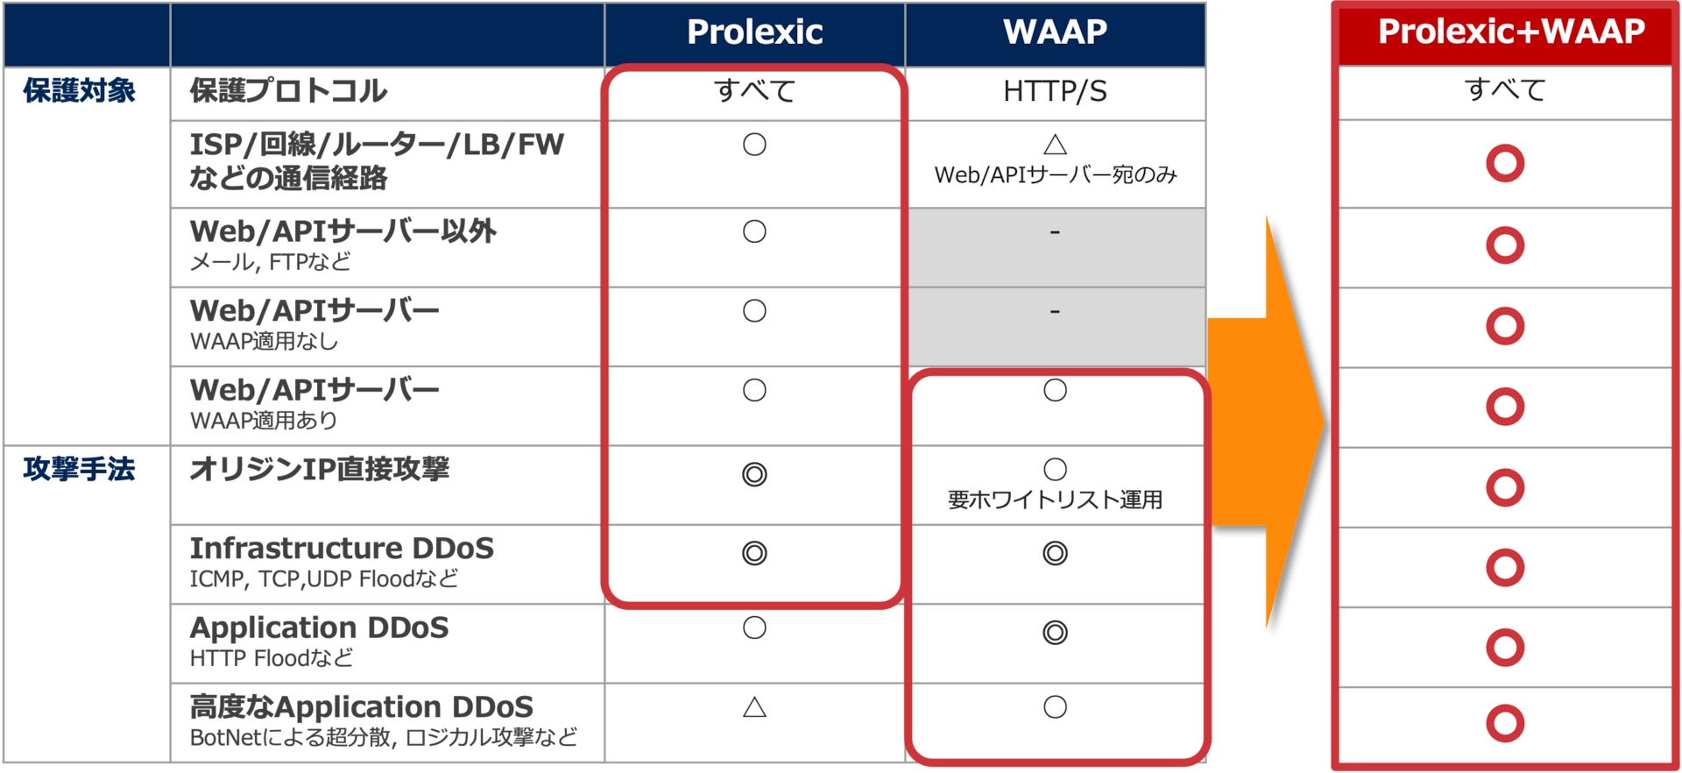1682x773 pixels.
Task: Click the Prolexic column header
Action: tap(754, 32)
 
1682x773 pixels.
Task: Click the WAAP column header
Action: tap(1055, 32)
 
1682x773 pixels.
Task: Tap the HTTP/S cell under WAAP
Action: tap(1055, 91)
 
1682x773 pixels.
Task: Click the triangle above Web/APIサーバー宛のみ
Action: tap(1055, 145)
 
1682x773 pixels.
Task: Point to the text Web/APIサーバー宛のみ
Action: tap(1055, 175)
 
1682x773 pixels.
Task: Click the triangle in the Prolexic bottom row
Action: tap(754, 707)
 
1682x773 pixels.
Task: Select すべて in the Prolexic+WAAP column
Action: tap(1505, 90)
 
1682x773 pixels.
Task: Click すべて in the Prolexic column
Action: tap(754, 91)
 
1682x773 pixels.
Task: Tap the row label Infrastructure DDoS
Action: tap(342, 549)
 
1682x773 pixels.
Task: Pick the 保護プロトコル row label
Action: tap(288, 91)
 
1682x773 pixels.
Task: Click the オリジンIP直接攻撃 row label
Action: tap(320, 470)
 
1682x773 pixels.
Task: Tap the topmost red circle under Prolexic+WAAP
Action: tap(1505, 164)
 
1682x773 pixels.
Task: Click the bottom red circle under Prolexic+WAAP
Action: tap(1505, 723)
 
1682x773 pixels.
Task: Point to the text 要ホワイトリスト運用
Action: tap(1055, 500)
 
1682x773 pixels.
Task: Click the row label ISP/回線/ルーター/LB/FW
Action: tap(377, 145)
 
